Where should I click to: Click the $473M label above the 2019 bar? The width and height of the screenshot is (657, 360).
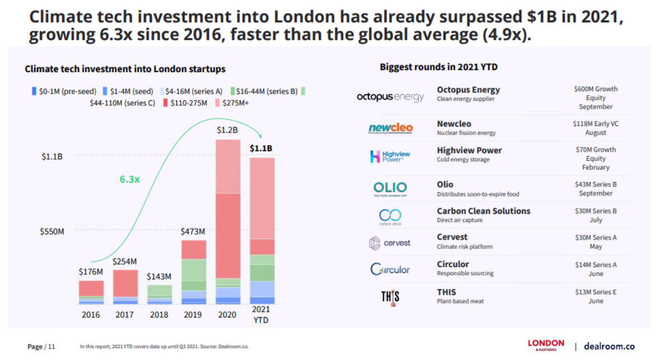click(x=193, y=232)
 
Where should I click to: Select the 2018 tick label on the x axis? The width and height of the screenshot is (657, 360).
click(x=159, y=315)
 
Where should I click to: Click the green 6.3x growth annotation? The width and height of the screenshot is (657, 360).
click(x=129, y=179)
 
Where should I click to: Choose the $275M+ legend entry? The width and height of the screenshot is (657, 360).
click(x=234, y=102)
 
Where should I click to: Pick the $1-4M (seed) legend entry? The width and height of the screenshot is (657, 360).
click(x=129, y=91)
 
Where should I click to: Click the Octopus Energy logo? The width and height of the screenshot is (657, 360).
click(x=390, y=97)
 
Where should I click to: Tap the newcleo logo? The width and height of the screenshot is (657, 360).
click(x=390, y=128)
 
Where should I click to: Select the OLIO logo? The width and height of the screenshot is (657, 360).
click(x=390, y=188)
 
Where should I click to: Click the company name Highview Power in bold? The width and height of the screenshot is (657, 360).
click(x=469, y=150)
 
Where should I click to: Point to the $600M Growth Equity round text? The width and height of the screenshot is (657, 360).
click(x=595, y=97)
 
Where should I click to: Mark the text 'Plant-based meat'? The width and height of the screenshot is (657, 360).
click(x=460, y=301)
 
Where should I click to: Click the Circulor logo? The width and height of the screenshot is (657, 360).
click(x=390, y=269)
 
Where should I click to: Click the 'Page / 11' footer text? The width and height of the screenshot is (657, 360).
click(x=41, y=347)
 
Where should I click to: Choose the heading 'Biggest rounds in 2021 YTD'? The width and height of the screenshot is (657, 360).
click(x=439, y=67)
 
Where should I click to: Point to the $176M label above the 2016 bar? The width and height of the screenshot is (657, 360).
click(x=91, y=272)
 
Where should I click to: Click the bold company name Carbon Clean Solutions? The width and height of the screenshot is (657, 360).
click(x=483, y=211)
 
